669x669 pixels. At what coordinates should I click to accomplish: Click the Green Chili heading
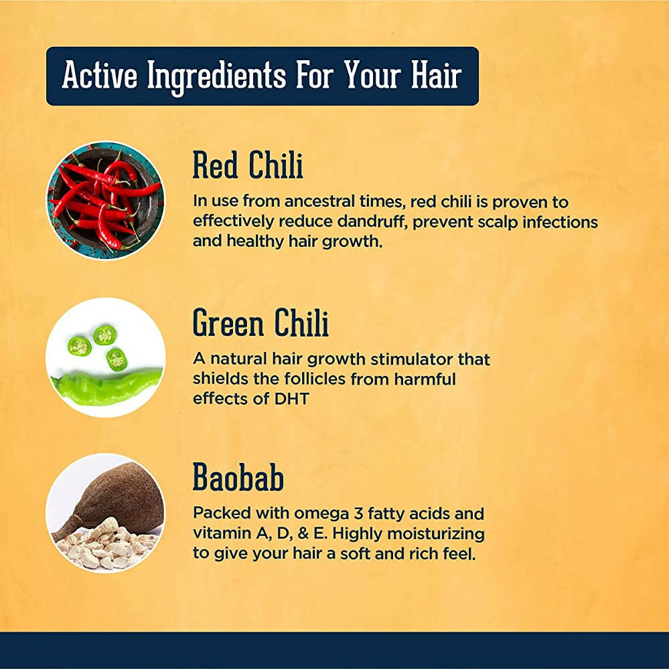(x=261, y=324)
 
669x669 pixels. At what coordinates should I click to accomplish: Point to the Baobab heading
(x=238, y=478)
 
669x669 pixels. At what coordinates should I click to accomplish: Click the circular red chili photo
(x=105, y=201)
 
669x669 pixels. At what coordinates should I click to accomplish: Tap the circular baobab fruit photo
(x=105, y=513)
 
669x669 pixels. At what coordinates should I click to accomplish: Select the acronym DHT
(x=289, y=399)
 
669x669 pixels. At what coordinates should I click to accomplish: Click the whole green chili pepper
(x=107, y=387)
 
